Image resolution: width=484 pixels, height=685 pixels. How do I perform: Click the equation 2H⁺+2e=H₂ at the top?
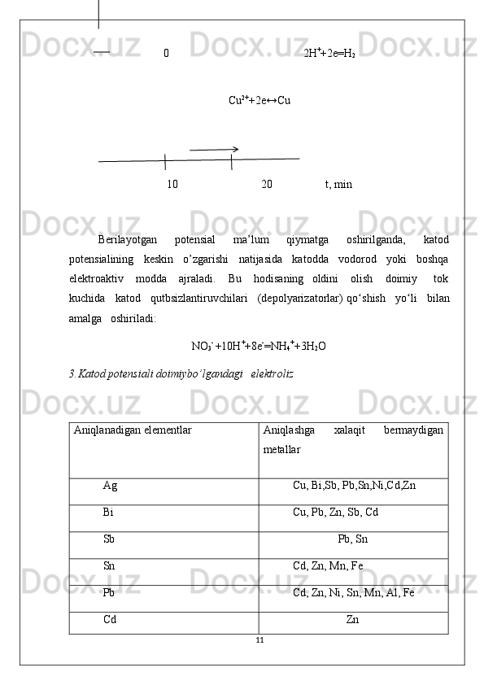tap(329, 55)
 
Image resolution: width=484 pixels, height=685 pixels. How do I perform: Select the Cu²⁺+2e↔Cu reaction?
tap(260, 101)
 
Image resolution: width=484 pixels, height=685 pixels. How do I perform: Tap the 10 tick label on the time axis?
tap(172, 185)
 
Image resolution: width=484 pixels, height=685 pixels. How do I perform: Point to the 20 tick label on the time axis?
tap(267, 185)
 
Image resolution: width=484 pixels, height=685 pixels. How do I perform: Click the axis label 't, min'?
tap(338, 185)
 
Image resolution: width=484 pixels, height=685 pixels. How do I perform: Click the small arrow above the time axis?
tap(214, 150)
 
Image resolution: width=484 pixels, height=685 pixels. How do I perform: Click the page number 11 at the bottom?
tap(259, 640)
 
